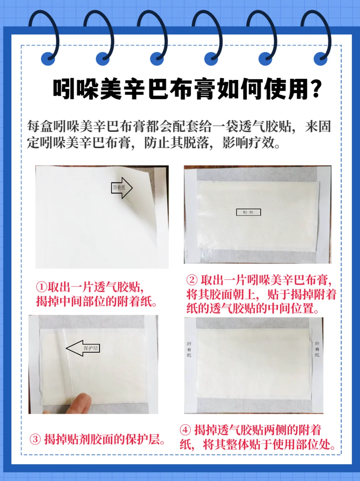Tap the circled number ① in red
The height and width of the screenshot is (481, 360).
point(41,287)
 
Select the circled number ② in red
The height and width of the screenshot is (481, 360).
point(192,280)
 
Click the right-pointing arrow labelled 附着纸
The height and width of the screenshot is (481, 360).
point(122,188)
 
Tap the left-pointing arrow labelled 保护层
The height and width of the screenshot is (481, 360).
point(83,348)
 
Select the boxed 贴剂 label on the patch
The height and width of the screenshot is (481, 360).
point(248,212)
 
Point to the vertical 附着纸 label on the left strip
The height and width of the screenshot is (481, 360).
point(189,349)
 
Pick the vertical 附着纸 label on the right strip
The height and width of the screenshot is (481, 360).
point(317,349)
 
